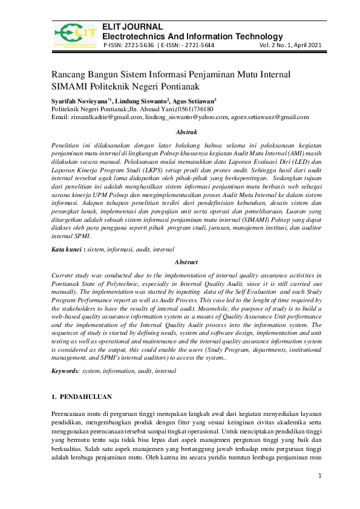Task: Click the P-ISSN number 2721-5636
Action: tap(140, 45)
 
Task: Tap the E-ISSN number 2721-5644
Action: tap(198, 45)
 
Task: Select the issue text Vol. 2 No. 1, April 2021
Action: tap(291, 45)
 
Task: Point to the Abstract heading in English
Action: tap(185, 263)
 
